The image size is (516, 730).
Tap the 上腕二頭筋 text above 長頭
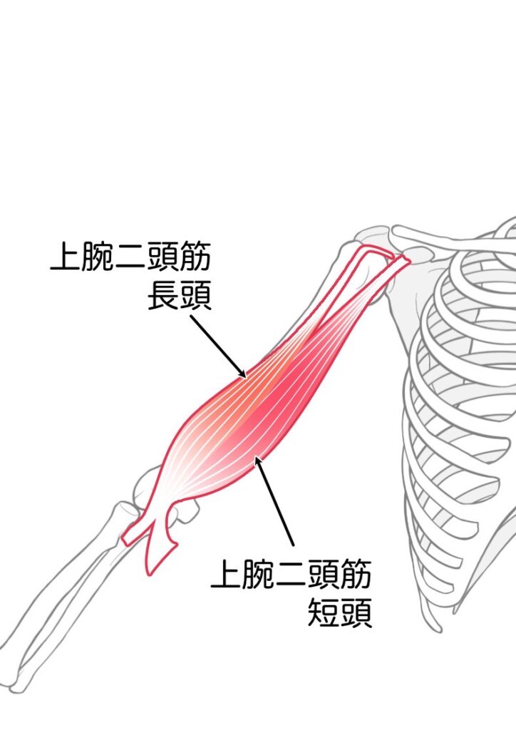[x=130, y=256]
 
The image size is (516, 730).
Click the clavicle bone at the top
[x=447, y=238]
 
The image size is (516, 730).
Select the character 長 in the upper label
[x=163, y=295]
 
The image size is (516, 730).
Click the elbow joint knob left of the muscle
[x=143, y=489]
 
